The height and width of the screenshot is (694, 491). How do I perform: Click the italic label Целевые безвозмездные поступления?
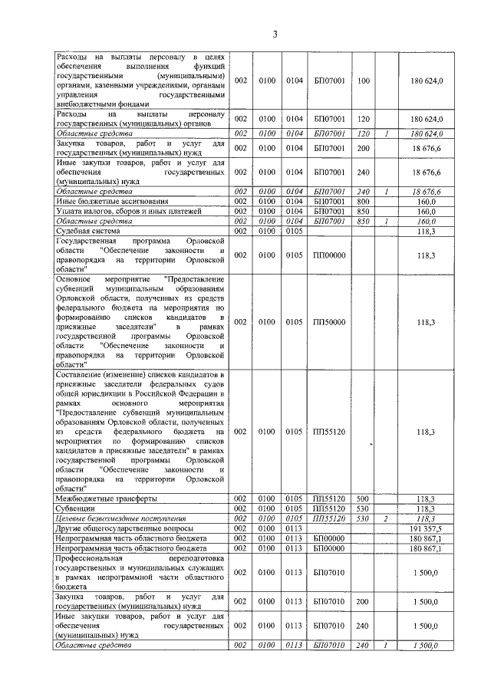tap(116, 519)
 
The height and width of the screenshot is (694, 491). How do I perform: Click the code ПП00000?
tap(329, 255)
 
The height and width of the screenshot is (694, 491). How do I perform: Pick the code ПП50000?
tap(329, 323)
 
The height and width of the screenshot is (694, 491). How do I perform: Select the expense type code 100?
tap(364, 81)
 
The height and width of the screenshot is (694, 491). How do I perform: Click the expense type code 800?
tap(364, 200)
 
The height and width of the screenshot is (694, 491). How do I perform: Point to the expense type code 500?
tap(364, 498)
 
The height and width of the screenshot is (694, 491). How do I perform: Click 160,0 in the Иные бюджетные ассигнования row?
tap(423, 200)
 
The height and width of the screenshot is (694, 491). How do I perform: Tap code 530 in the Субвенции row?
tap(364, 508)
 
